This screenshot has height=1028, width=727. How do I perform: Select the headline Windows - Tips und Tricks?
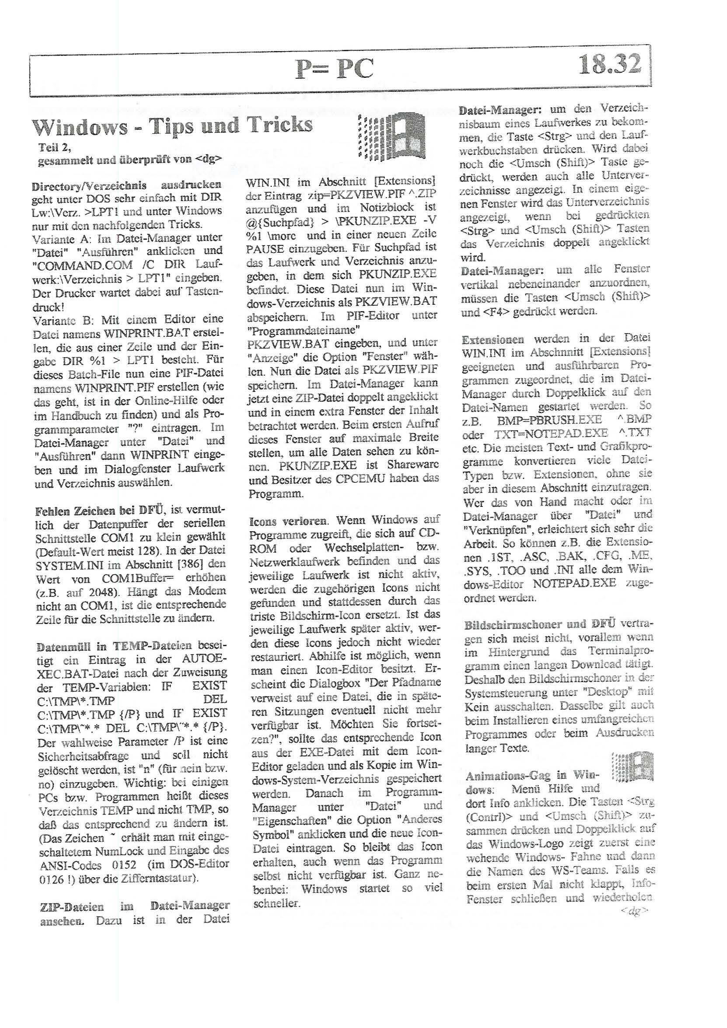pyautogui.click(x=172, y=126)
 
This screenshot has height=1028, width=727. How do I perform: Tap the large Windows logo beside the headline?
pyautogui.click(x=392, y=136)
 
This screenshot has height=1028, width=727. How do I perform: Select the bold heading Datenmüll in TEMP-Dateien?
pyautogui.click(x=114, y=646)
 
